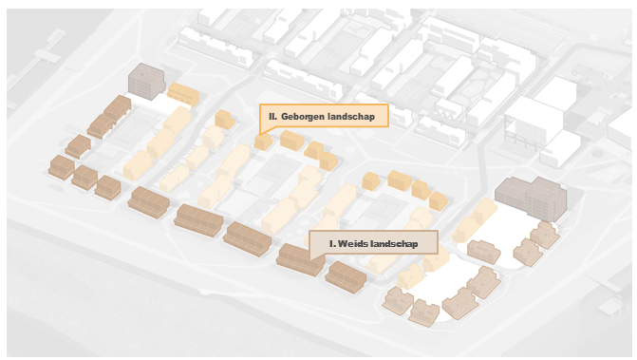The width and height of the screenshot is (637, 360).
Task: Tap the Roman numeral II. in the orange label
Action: tap(273, 117)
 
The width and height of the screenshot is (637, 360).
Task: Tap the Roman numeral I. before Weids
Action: tap(332, 244)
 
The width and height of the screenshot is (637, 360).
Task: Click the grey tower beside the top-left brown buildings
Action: tap(146, 82)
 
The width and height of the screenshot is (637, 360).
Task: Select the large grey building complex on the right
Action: tap(532, 199)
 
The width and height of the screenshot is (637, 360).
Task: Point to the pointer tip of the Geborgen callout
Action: tap(260, 134)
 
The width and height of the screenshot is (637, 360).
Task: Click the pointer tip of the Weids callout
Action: tap(310, 260)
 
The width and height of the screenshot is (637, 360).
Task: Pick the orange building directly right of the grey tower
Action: tap(183, 94)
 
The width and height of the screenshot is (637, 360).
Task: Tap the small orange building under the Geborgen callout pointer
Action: tap(263, 142)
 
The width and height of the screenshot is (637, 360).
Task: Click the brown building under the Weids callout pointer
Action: tap(301, 260)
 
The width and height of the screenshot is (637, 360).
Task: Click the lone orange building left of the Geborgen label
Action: tap(224, 119)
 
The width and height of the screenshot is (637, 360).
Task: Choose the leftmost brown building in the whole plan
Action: tap(62, 167)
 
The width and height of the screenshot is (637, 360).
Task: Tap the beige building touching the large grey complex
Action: tap(545, 235)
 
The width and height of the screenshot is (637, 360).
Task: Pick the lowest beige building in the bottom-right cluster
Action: tap(424, 313)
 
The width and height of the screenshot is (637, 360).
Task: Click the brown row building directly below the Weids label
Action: tap(346, 277)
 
